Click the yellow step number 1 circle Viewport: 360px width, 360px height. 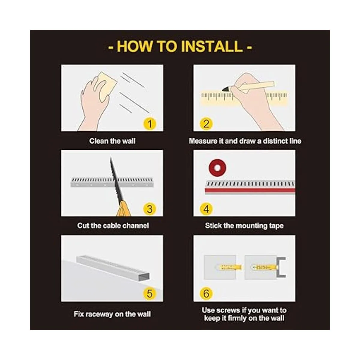[x=149, y=124]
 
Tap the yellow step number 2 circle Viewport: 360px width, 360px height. [x=206, y=124]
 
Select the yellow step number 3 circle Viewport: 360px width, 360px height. [x=149, y=209]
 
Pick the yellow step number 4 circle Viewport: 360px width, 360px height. [x=206, y=209]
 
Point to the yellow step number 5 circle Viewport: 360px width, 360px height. [x=149, y=294]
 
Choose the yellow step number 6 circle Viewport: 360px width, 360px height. [x=206, y=294]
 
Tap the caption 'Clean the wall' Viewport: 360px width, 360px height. [x=112, y=141]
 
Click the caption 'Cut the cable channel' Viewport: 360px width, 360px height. [x=113, y=226]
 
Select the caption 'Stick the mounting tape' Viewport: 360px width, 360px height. [x=244, y=226]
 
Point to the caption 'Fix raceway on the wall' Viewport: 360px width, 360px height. [x=112, y=314]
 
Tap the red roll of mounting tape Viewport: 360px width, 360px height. [x=217, y=168]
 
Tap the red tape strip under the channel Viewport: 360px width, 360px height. [x=250, y=190]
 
